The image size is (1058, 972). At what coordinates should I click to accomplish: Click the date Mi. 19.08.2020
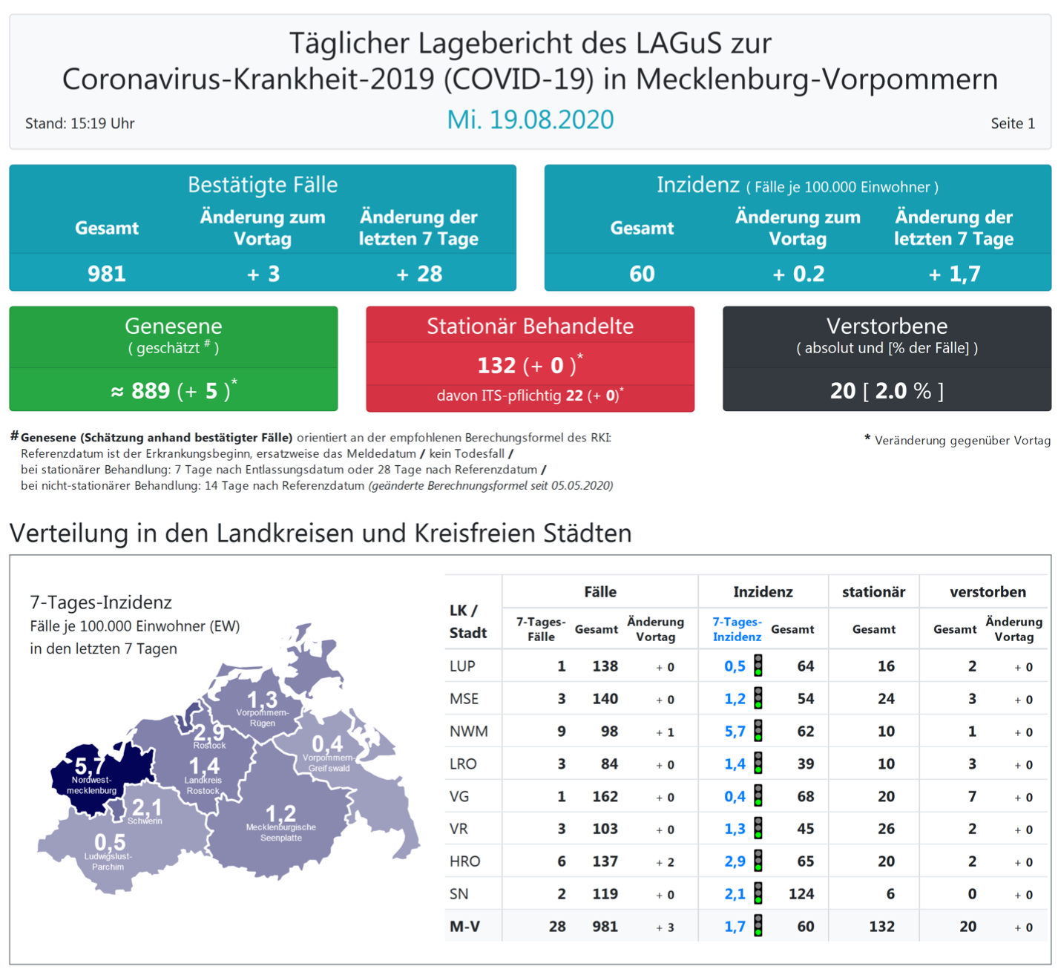click(x=530, y=120)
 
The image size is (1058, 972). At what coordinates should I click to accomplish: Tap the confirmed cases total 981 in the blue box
click(x=107, y=275)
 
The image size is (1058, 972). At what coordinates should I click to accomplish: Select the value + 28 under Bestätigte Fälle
click(x=419, y=275)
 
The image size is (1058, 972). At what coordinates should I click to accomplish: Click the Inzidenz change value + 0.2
click(x=798, y=275)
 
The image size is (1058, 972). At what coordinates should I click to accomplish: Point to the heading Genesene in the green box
click(x=173, y=326)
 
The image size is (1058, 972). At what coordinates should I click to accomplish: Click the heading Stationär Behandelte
click(x=530, y=326)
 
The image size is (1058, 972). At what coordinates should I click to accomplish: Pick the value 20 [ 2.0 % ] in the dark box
click(x=887, y=391)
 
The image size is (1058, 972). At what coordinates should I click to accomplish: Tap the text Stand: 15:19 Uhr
click(x=80, y=124)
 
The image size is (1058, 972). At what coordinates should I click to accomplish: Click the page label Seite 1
click(x=1012, y=124)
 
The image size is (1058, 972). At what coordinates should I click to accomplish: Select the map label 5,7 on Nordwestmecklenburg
click(x=89, y=766)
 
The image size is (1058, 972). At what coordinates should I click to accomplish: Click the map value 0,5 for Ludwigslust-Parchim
click(x=110, y=843)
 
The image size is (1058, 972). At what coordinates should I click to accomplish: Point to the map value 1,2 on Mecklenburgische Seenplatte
click(x=280, y=813)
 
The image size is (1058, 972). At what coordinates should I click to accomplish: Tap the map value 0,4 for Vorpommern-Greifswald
click(x=327, y=743)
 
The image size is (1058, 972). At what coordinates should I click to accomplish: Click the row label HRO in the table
click(x=464, y=861)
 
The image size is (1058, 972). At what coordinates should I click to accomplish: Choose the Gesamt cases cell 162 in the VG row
click(x=605, y=797)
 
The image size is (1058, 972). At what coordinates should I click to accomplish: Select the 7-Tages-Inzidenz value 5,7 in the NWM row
click(x=735, y=732)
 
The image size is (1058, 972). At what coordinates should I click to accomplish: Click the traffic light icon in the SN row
click(x=758, y=893)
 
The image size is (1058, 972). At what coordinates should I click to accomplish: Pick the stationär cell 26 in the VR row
click(x=886, y=829)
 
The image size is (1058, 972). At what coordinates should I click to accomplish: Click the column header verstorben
click(x=988, y=592)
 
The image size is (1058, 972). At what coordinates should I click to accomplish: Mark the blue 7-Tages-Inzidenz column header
click(x=737, y=629)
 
